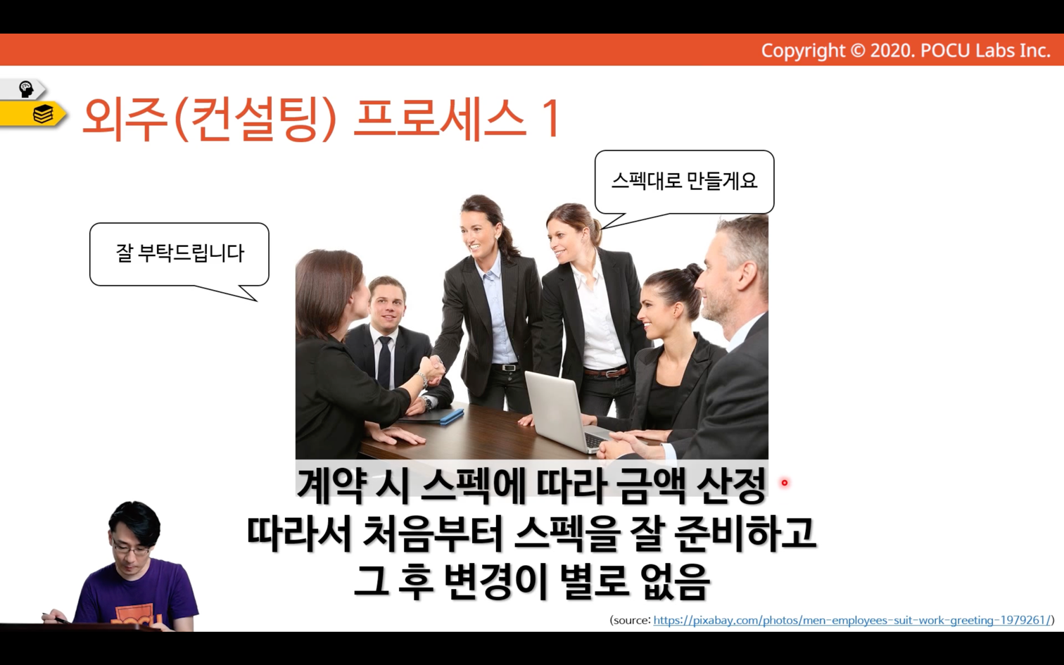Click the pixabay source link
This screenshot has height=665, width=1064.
point(852,621)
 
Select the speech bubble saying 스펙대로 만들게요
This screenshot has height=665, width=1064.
point(684,183)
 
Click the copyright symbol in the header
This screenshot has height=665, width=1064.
point(857,51)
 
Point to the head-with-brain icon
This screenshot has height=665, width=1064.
point(26,89)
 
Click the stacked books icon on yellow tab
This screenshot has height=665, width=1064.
point(43,115)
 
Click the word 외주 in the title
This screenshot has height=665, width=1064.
point(125,119)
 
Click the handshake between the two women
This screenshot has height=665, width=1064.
point(431,368)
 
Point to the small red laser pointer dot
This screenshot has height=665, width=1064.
point(784,483)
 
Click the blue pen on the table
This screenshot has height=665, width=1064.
point(452,417)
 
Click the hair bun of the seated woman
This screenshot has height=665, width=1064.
point(694,272)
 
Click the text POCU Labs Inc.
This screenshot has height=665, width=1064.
point(986,51)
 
